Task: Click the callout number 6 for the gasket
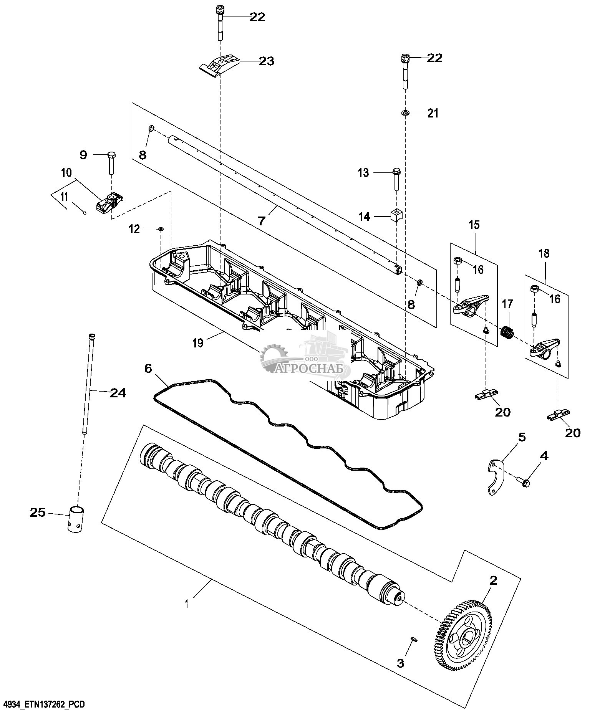(x=148, y=368)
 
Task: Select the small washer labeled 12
(x=161, y=229)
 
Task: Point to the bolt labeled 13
(x=396, y=179)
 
